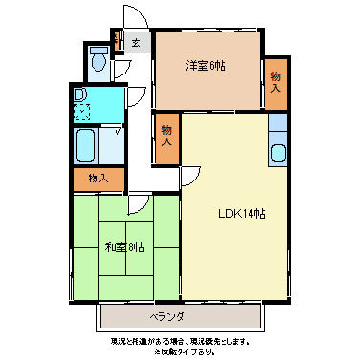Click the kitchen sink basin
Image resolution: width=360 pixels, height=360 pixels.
[279, 151]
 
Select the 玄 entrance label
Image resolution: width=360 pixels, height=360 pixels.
[137, 43]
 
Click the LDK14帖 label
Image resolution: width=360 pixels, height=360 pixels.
[244, 213]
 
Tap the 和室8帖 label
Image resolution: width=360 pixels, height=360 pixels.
[124, 247]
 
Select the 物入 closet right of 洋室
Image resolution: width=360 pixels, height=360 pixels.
[276, 82]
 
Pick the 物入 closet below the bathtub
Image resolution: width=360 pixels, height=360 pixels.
[97, 178]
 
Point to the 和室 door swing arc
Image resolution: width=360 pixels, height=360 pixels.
[138, 202]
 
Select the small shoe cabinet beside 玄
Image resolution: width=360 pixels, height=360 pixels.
[116, 40]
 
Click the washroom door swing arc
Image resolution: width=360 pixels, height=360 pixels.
[135, 97]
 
